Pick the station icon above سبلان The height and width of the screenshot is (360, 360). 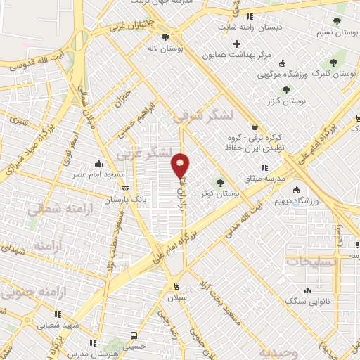point(176,286)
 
